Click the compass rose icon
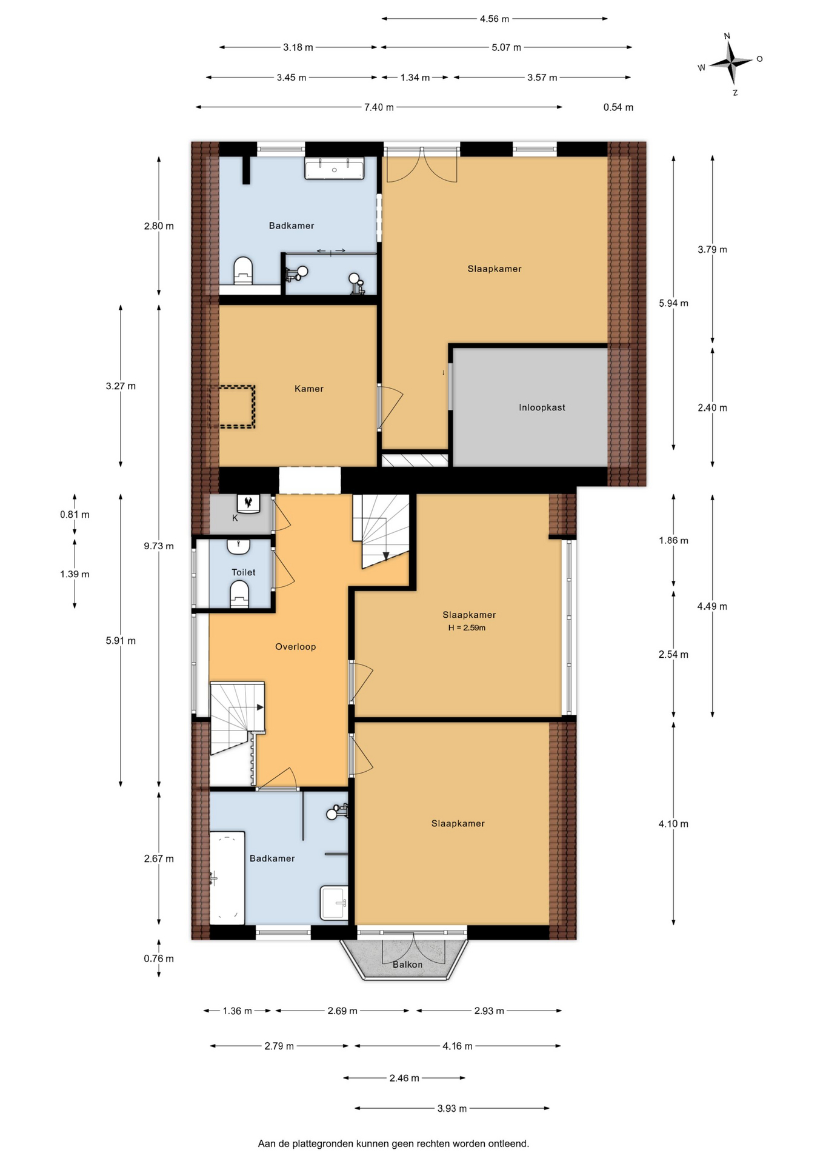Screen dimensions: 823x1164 pyautogui.click(x=731, y=62)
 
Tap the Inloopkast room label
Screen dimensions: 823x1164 pyautogui.click(x=542, y=407)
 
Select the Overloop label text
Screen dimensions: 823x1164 pyautogui.click(x=296, y=647)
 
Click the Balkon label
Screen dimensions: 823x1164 pyautogui.click(x=407, y=965)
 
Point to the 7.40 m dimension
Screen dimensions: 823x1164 pyautogui.click(x=379, y=107)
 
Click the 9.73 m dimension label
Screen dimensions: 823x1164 pyautogui.click(x=159, y=546)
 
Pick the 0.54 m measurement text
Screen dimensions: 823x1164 pyautogui.click(x=618, y=107)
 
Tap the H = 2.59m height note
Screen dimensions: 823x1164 pyautogui.click(x=467, y=628)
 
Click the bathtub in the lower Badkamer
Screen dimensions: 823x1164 pyautogui.click(x=227, y=877)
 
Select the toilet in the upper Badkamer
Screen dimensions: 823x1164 pyautogui.click(x=243, y=271)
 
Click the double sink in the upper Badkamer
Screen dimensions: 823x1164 pyautogui.click(x=334, y=169)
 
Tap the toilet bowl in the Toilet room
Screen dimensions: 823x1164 pyautogui.click(x=240, y=595)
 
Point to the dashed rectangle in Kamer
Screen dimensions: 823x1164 pyautogui.click(x=233, y=407)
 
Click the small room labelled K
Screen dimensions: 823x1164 pyautogui.click(x=241, y=515)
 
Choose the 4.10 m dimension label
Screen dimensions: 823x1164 pyautogui.click(x=673, y=824)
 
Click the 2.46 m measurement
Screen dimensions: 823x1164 pyautogui.click(x=404, y=1078)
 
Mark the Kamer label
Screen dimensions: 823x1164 pyautogui.click(x=309, y=389)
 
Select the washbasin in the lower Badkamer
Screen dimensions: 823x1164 pyautogui.click(x=335, y=903)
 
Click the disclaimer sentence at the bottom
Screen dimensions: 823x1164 pyautogui.click(x=393, y=1144)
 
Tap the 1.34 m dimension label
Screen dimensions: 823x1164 pyautogui.click(x=415, y=78)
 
